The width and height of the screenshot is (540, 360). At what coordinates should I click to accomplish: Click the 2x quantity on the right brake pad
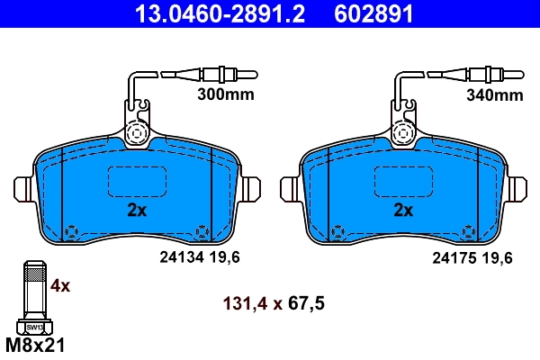tap(403, 211)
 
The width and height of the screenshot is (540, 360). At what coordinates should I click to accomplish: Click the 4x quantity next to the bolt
tap(60, 286)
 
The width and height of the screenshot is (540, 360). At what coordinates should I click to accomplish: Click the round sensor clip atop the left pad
tap(137, 134)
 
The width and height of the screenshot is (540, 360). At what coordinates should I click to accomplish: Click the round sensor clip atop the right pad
tap(404, 134)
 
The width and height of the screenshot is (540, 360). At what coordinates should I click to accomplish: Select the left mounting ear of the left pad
tap(24, 189)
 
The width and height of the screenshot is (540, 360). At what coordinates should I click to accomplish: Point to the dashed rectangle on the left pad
tap(137, 184)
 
